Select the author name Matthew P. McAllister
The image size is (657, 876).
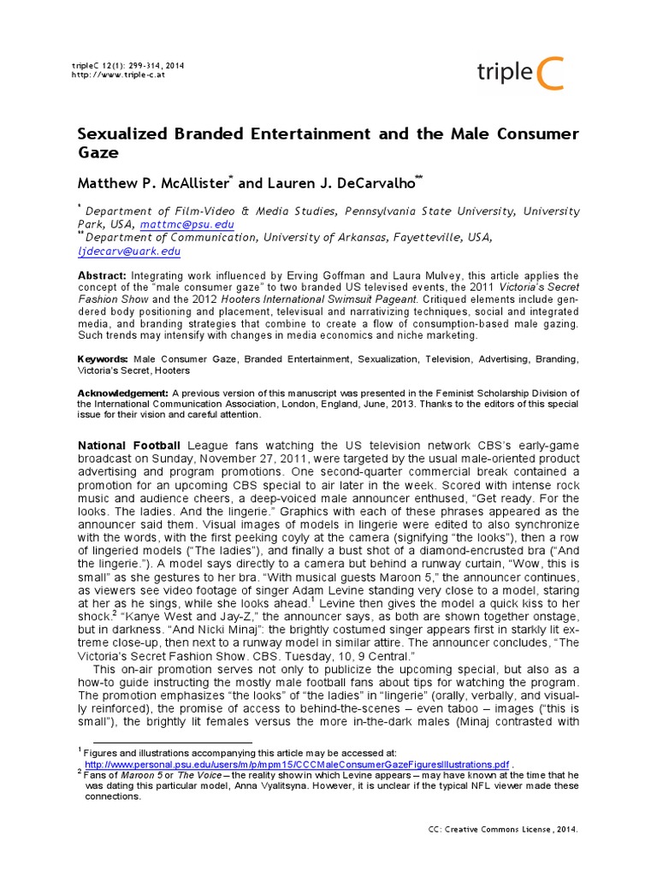point(152,182)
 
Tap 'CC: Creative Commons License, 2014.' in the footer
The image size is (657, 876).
point(502,830)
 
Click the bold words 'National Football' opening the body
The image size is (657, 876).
point(129,446)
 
